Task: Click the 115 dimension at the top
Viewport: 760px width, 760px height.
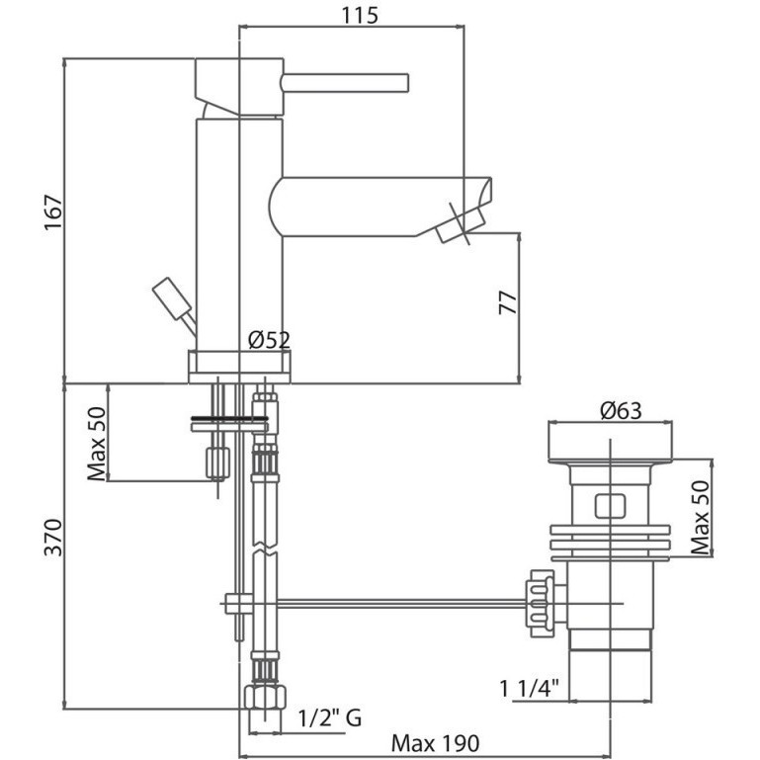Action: click(x=360, y=15)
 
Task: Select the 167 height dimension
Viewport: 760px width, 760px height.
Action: click(x=53, y=212)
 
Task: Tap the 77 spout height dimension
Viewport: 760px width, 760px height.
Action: click(x=508, y=303)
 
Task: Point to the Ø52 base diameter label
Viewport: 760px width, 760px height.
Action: click(x=269, y=340)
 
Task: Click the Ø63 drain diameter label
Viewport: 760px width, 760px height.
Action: click(x=621, y=411)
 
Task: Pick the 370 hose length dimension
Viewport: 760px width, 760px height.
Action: click(x=53, y=537)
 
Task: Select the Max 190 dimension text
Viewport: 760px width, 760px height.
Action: click(x=435, y=743)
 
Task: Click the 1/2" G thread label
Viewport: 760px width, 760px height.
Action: click(x=329, y=718)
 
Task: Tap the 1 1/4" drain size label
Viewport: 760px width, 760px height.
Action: click(x=530, y=688)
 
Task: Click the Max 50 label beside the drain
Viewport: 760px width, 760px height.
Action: click(x=700, y=518)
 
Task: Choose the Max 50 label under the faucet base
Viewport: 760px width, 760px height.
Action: click(x=97, y=444)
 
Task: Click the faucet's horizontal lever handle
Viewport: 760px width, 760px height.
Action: click(x=345, y=83)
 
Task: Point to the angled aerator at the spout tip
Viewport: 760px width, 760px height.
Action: click(x=461, y=226)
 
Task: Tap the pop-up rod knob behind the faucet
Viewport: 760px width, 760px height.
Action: click(x=172, y=298)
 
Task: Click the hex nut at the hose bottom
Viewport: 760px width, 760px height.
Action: click(x=265, y=697)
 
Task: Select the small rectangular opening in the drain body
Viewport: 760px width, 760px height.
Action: click(x=610, y=507)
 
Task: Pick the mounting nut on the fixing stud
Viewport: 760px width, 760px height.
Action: click(x=217, y=463)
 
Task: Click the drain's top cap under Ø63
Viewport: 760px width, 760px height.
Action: click(x=610, y=441)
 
